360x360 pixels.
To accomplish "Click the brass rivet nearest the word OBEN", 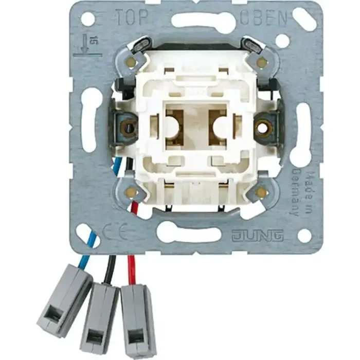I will pyautogui.click(x=261, y=63).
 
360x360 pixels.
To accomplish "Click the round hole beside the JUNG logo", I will pyautogui.click(x=304, y=236).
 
